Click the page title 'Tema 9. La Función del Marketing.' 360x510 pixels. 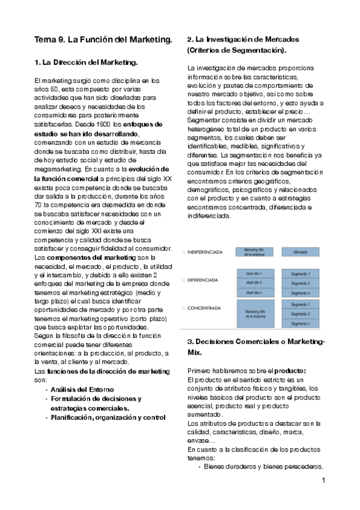point(103,40)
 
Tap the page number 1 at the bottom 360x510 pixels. point(323,481)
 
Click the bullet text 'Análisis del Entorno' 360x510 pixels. point(82,389)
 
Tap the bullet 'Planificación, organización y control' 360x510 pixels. point(108,417)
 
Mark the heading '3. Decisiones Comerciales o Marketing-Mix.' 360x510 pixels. point(256,347)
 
